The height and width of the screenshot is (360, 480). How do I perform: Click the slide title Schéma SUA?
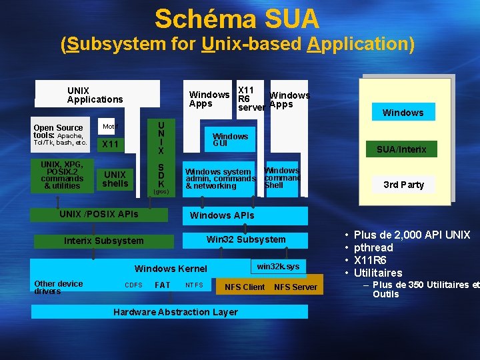pos(237,19)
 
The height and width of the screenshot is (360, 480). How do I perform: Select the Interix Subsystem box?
pos(103,241)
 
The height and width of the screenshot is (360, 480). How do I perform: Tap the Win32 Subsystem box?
pos(245,239)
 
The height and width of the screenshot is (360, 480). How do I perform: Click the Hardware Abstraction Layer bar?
pos(175,312)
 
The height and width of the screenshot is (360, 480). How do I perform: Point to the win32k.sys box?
pos(278,267)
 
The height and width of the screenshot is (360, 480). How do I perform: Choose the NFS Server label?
pos(295,287)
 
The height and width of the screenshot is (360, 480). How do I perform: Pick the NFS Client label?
pos(245,287)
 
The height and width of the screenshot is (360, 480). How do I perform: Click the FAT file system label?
pos(162,285)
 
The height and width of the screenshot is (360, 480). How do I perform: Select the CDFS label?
pos(133,285)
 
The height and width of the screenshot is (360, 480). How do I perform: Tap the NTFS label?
pos(194,285)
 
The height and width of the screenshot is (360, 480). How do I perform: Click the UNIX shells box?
pos(115,179)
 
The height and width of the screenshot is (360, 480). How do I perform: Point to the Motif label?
pos(109,126)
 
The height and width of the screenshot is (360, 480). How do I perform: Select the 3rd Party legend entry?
pos(403,185)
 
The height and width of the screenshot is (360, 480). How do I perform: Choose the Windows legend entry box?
pos(403,113)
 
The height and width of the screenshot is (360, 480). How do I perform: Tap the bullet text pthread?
pos(373,247)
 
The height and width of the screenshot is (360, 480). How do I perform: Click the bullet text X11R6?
pos(370,260)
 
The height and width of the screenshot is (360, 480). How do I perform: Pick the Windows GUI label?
pos(230,139)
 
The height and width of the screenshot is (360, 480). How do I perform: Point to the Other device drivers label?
pos(59,287)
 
